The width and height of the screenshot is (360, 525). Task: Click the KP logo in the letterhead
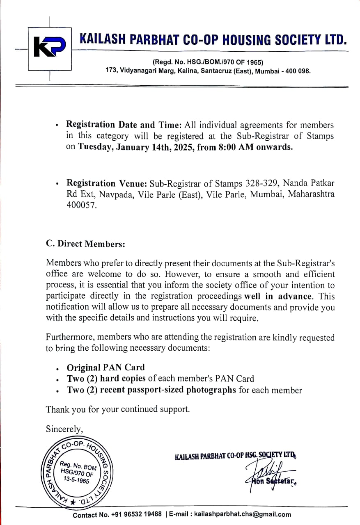pos(49,49)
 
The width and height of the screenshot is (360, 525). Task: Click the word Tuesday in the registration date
pos(94,147)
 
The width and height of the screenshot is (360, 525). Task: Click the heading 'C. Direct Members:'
pos(85,244)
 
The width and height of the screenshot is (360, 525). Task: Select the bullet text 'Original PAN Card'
pos(105,367)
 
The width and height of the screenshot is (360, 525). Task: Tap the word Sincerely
pos(64,429)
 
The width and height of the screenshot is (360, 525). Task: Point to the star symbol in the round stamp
pos(73,502)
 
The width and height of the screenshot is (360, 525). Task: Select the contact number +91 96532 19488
pos(136,515)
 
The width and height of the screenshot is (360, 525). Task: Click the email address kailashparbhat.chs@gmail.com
pos(243,515)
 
